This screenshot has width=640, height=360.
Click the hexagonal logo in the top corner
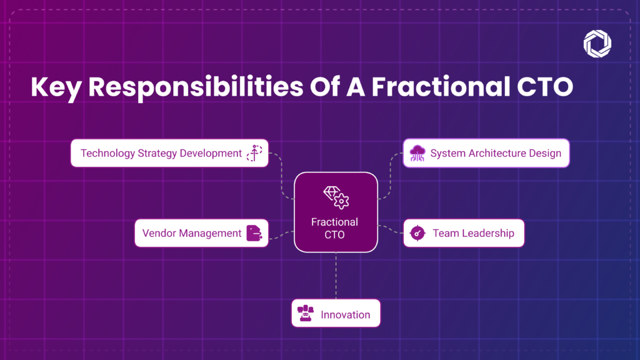pos(597,44)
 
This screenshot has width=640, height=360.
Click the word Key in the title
pos(56,87)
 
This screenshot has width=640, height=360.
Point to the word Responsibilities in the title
pos(196,87)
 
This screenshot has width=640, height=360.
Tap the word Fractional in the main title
pos(441,86)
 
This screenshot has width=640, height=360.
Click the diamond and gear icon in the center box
pos(336,197)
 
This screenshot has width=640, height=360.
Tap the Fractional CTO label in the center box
pos(335,228)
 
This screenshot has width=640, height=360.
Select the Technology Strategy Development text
pos(161,153)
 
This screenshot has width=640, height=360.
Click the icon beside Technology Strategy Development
pos(254,153)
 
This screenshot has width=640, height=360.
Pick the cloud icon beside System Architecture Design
pos(417,153)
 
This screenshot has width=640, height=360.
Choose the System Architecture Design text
pos(496,153)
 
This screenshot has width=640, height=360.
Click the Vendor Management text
pos(192,233)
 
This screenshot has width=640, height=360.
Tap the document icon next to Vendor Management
pos(254,233)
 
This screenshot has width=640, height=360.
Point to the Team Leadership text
pos(474,233)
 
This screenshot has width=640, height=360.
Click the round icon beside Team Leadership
pos(417,233)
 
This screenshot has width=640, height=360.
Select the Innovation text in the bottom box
pos(345,315)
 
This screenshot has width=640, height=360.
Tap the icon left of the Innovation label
pos(305,313)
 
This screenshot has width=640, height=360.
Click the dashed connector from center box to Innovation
pos(336,276)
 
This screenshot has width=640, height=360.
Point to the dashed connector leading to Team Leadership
pos(391,229)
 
